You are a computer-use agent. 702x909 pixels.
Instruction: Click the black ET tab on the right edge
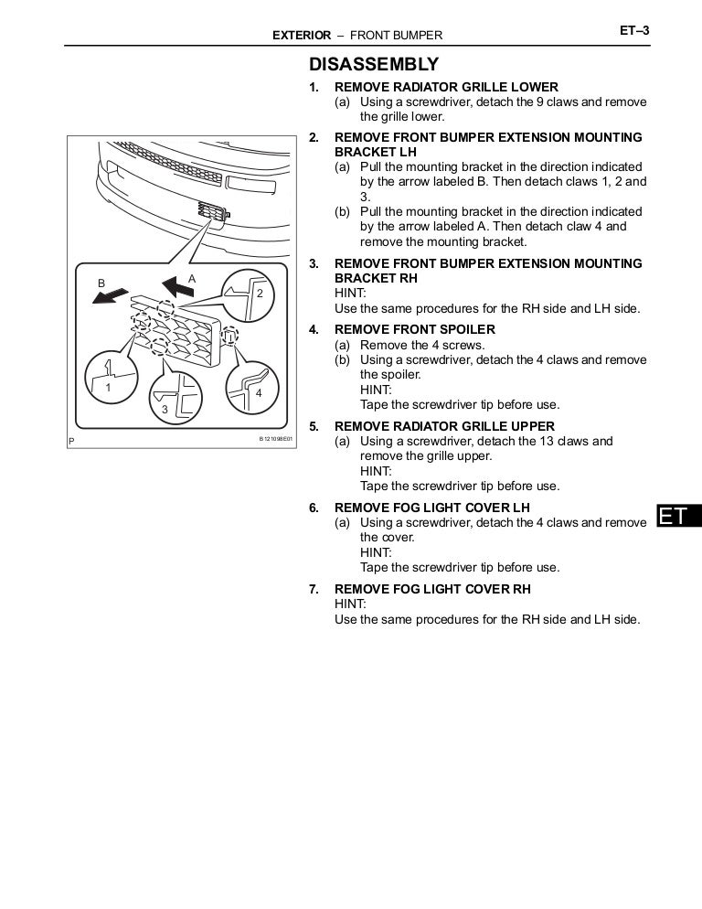point(677,517)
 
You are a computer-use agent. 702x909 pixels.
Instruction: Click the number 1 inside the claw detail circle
point(108,388)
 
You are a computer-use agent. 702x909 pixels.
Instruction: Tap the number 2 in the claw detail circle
point(260,294)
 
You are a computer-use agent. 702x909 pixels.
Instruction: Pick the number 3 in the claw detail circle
point(165,410)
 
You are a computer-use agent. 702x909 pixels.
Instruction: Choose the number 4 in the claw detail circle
point(259,392)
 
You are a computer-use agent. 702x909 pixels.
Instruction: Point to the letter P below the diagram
point(71,441)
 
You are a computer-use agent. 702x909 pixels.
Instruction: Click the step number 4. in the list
point(314,329)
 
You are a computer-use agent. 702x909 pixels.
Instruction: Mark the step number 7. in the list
point(314,590)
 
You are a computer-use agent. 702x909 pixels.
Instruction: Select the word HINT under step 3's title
point(351,294)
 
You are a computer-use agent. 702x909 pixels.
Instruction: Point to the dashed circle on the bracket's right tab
point(231,337)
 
